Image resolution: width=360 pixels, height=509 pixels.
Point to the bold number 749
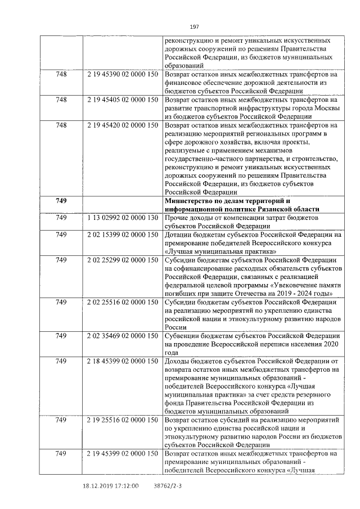tap(61, 201)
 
